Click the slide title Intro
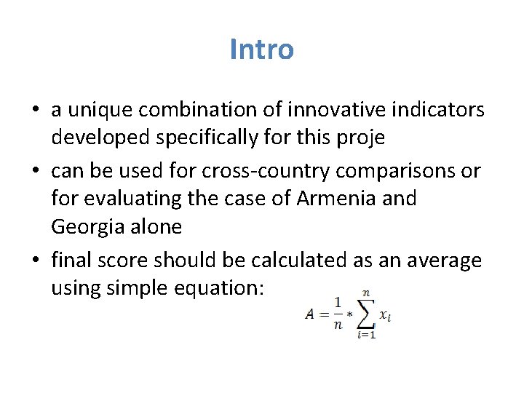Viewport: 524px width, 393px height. [261, 49]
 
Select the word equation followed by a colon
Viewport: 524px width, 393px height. [225, 289]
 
